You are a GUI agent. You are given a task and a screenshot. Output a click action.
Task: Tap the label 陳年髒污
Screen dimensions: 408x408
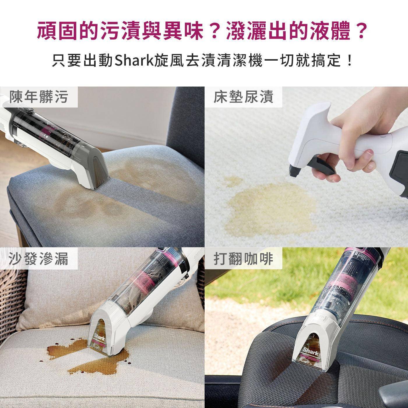(38, 97)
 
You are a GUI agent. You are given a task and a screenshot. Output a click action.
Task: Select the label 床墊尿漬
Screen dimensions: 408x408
(243, 97)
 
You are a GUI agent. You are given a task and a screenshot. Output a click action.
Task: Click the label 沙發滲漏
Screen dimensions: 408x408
(38, 259)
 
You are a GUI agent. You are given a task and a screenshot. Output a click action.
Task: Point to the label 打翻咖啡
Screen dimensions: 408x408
(243, 259)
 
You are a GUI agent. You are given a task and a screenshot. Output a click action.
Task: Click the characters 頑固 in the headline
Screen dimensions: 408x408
(60, 31)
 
